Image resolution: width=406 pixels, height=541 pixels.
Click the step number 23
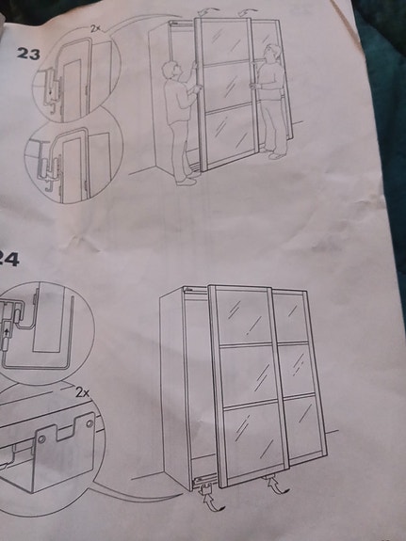click(28, 54)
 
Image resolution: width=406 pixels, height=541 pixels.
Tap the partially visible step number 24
click(9, 260)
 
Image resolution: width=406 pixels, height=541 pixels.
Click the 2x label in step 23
click(96, 29)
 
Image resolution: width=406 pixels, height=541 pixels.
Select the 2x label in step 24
click(82, 392)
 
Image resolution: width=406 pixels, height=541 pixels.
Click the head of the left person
click(171, 70)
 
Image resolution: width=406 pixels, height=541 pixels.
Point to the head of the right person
click(270, 53)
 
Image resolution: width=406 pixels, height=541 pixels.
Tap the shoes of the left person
click(187, 181)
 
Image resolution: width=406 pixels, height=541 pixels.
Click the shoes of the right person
click(274, 153)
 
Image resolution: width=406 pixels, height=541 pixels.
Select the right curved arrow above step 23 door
click(247, 12)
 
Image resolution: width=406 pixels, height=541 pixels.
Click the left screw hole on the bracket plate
click(41, 439)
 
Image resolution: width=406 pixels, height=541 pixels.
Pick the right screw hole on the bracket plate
click(89, 423)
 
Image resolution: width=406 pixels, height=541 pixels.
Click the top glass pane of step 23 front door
click(224, 41)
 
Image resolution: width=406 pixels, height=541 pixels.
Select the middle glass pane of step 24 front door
click(248, 374)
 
